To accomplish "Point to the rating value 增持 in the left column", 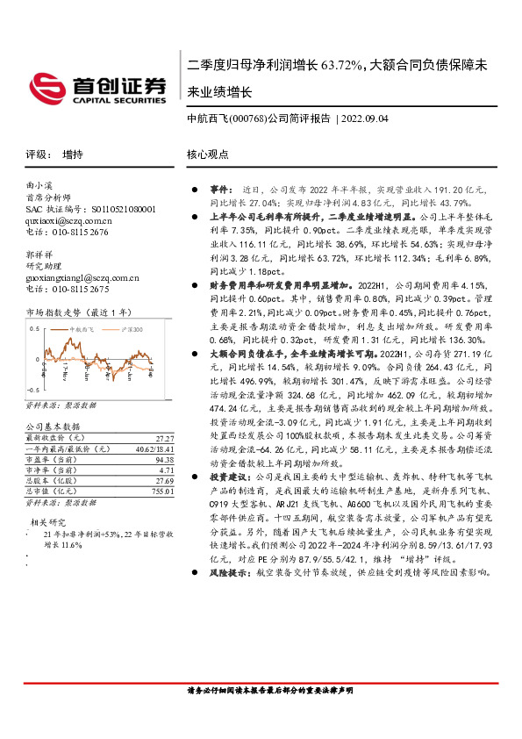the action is coord(73,154).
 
